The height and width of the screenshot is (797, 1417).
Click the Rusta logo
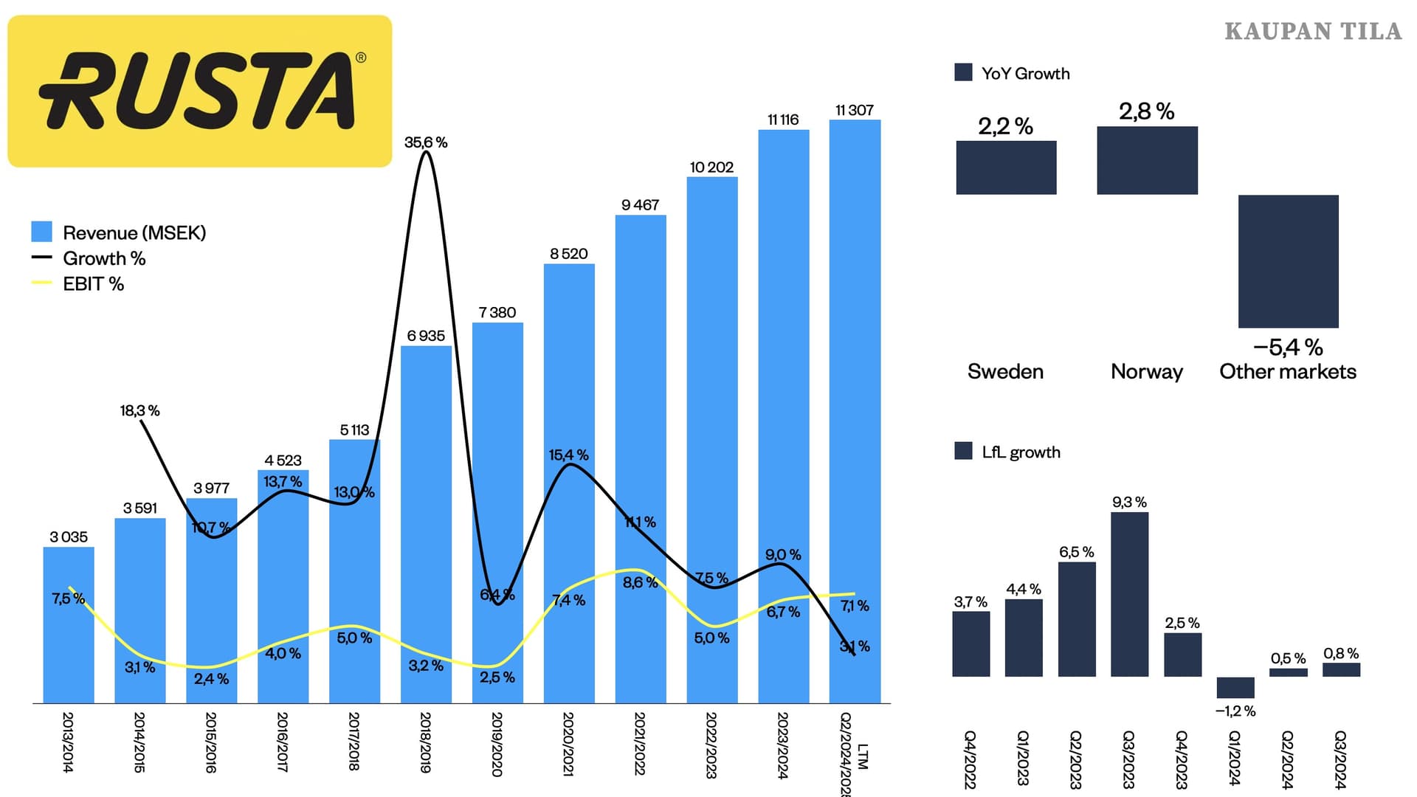[199, 91]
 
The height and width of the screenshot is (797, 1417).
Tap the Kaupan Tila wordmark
[1313, 31]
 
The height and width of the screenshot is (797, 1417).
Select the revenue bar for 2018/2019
[426, 524]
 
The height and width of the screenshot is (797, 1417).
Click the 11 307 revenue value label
[855, 111]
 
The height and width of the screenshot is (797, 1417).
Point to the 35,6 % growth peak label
[426, 142]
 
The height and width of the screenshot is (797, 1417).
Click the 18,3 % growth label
[139, 410]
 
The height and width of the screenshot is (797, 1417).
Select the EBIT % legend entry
[93, 284]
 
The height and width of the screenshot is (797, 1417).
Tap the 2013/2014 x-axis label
[68, 742]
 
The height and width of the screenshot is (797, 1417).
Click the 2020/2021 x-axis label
[568, 743]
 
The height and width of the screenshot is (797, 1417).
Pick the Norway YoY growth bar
[1147, 160]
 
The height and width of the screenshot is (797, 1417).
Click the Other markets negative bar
[1288, 261]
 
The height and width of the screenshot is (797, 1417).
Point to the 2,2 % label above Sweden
[1005, 126]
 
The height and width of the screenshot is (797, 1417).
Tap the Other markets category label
[1288, 371]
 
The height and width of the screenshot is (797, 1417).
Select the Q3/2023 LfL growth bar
[1129, 594]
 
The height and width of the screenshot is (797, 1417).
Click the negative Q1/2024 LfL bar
[1235, 687]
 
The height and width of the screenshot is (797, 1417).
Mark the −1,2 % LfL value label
[1235, 711]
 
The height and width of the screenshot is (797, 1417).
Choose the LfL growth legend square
[963, 451]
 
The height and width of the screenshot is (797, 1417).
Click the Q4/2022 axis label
[970, 759]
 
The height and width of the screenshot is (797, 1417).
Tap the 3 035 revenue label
[69, 537]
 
